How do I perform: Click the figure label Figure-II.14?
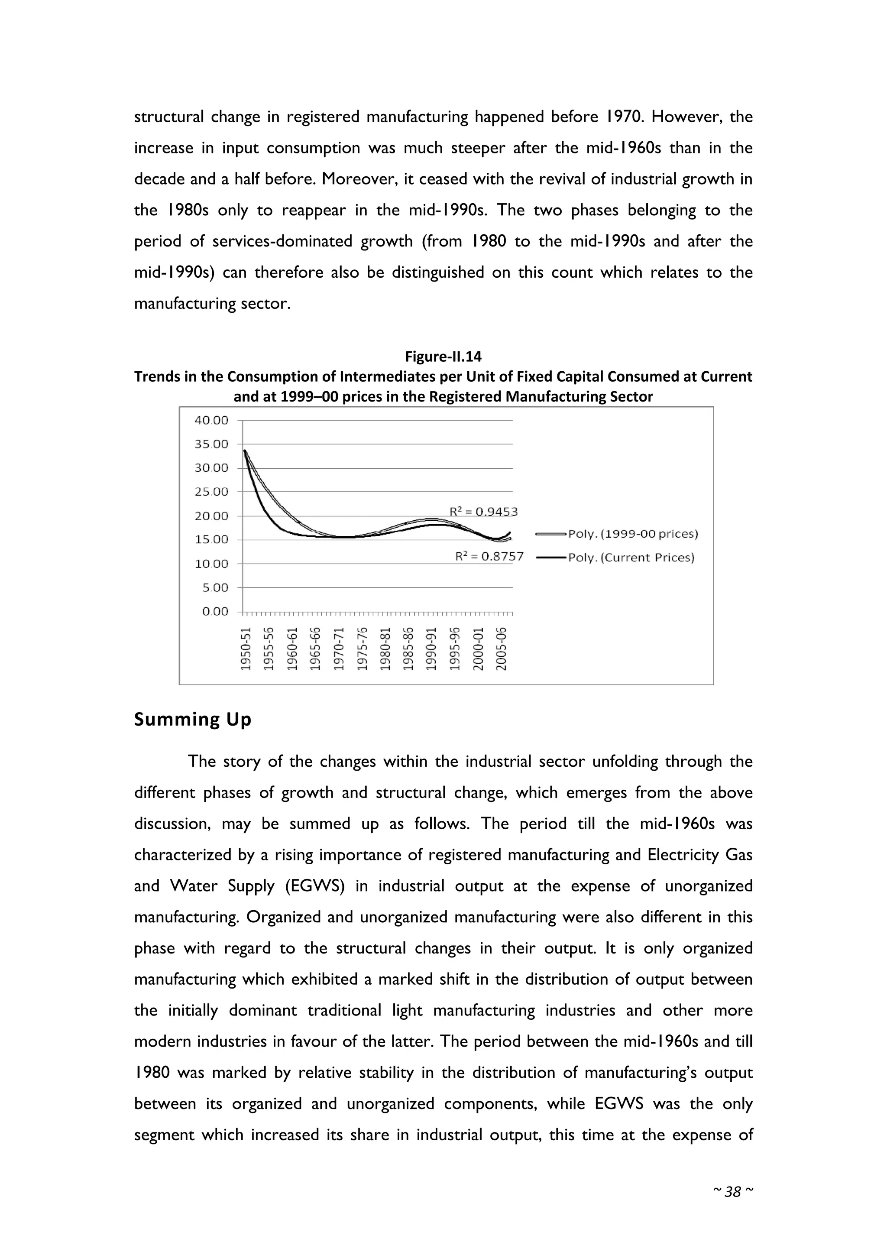(443, 357)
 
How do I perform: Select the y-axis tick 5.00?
(215, 587)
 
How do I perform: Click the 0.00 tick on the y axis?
(215, 612)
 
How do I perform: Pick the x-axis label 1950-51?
(246, 649)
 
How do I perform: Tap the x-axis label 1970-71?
(339, 649)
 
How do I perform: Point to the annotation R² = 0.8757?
(489, 557)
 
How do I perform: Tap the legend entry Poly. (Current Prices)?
(631, 558)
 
